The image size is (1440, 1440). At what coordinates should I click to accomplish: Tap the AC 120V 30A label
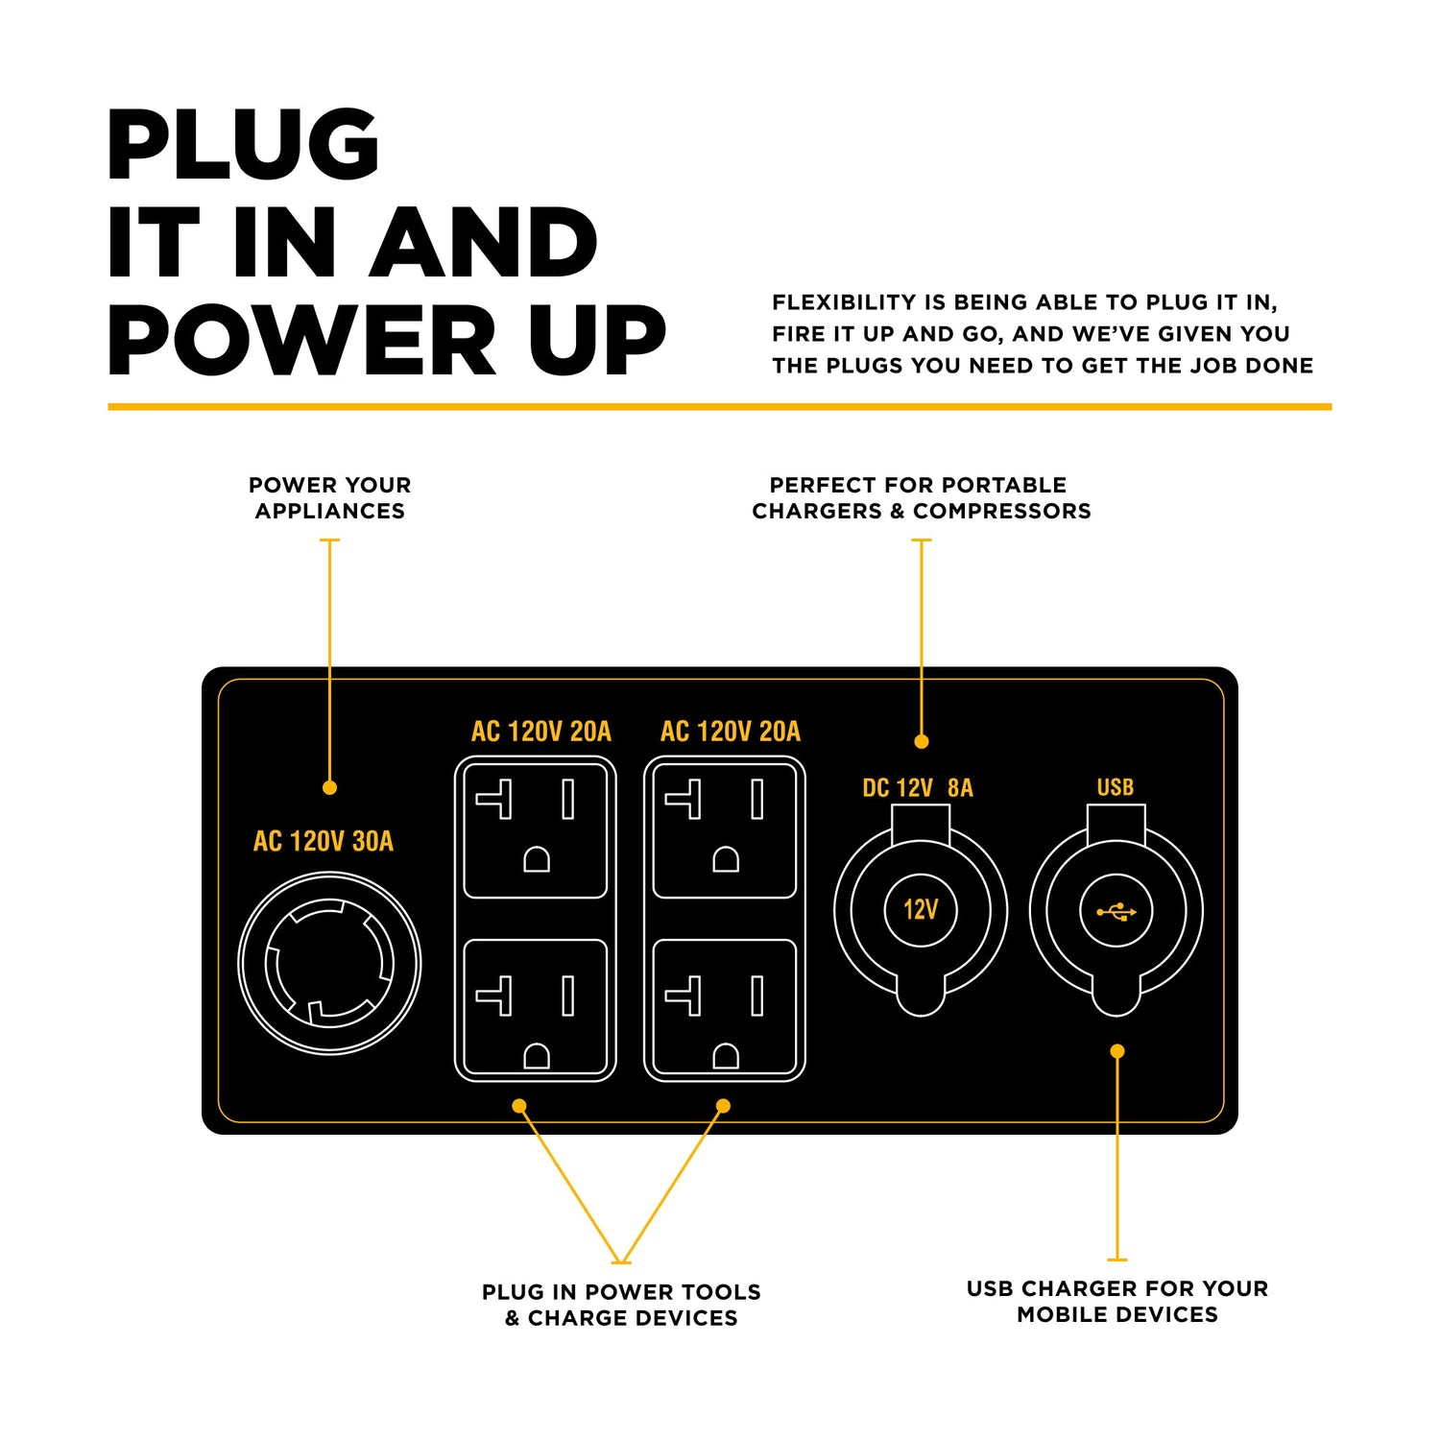click(324, 842)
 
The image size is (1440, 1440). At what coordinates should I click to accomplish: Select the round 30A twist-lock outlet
click(329, 963)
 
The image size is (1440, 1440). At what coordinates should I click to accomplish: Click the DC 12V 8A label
click(917, 788)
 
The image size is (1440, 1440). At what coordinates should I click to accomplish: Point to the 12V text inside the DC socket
click(921, 909)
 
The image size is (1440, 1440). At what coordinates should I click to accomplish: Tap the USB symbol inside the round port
click(1116, 911)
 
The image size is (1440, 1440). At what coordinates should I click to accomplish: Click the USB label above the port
click(1116, 787)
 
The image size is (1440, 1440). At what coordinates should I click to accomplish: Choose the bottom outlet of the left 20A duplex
click(535, 1008)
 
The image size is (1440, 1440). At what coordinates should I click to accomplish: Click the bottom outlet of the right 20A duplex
click(725, 1008)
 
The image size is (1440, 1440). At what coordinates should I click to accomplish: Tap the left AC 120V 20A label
click(540, 732)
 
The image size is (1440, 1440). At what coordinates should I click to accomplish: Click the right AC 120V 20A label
click(730, 732)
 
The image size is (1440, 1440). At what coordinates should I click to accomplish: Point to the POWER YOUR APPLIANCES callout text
click(329, 497)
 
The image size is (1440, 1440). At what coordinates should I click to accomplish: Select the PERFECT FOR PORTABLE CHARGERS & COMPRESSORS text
click(921, 497)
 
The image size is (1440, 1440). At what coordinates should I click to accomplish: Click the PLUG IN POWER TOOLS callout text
click(621, 1304)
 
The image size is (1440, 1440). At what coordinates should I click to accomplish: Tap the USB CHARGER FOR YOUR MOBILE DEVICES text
click(1116, 1301)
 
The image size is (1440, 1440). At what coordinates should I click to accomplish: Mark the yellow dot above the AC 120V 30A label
click(329, 787)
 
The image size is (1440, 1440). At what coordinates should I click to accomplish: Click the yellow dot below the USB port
click(1116, 1051)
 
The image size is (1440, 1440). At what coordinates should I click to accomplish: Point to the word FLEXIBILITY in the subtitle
click(844, 302)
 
